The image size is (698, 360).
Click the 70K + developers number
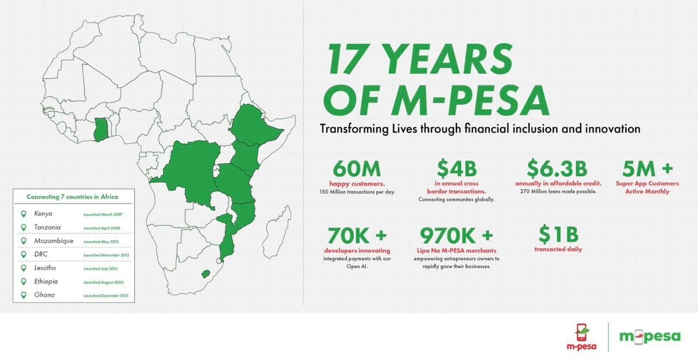pos(357,236)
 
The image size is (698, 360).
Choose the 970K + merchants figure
pos(456,236)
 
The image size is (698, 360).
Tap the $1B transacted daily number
pos(558,235)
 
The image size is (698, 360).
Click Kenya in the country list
pos(43,213)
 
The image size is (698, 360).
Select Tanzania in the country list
pos(47,227)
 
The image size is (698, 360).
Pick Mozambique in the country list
pos(53,241)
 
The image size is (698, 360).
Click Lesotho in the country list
pos(45,268)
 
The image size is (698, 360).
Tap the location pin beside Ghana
pos(23,295)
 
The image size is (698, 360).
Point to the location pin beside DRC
pos(23,254)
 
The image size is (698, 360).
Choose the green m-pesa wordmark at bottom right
pos(649,337)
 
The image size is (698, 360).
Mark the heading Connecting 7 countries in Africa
pos(72,196)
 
